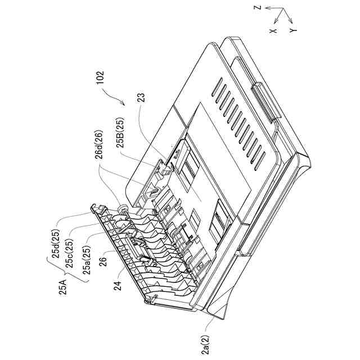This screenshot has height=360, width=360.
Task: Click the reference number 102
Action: point(100,78)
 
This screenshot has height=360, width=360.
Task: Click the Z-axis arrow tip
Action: point(267,8)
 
